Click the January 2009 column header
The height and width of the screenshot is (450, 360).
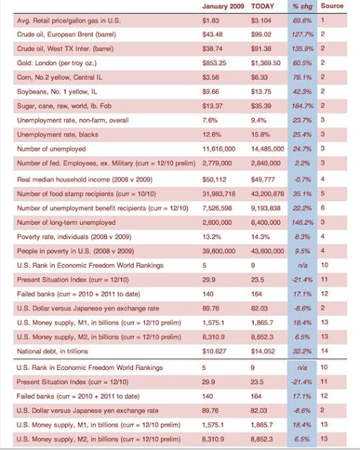point(223,6)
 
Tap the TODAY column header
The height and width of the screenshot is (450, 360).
point(262,6)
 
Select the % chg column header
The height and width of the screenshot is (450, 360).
point(302,6)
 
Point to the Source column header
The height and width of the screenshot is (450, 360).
point(332,6)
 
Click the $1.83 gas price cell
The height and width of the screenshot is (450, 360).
point(211,20)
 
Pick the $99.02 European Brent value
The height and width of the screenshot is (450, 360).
point(261,34)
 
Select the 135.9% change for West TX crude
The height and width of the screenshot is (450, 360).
point(302,49)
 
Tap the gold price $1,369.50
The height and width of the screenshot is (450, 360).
point(266,63)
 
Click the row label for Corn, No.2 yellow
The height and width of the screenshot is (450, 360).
point(60,77)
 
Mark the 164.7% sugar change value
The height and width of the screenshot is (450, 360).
point(302,106)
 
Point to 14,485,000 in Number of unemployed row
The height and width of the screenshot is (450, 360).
point(268,149)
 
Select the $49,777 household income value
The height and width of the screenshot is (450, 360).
point(263,180)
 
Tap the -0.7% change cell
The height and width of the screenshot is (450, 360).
point(302,180)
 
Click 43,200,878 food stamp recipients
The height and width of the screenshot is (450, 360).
point(268,194)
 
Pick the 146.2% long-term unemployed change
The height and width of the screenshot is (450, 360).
point(302,223)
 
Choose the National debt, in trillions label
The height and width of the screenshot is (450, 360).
point(53,352)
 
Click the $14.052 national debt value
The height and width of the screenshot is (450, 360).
point(263,352)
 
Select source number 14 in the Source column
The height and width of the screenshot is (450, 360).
point(324,351)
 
